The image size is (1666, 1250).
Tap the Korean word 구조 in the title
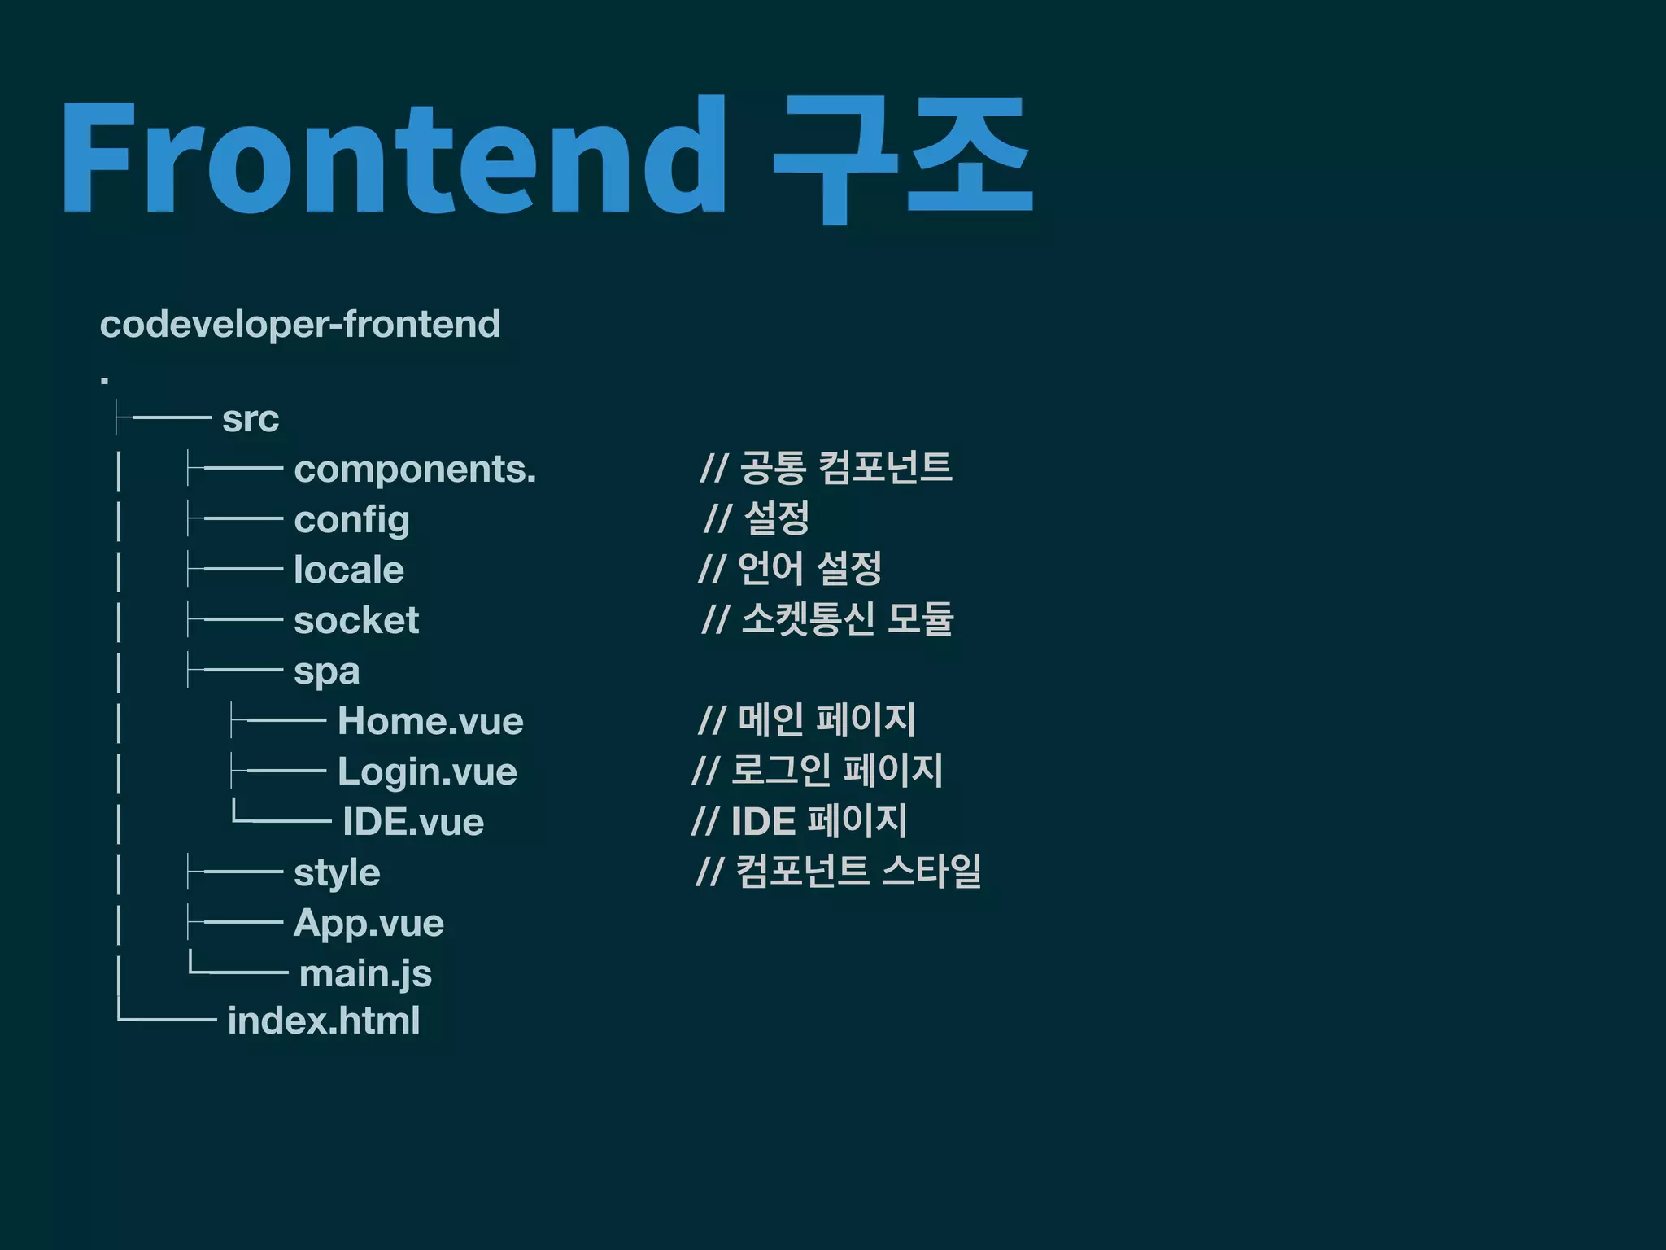click(x=901, y=159)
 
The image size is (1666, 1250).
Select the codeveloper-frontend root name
click(x=299, y=324)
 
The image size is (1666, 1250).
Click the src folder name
click(x=251, y=419)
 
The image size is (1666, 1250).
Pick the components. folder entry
click(x=415, y=470)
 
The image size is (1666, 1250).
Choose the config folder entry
click(x=351, y=520)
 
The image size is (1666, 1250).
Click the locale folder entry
click(x=348, y=570)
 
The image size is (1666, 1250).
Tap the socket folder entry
click(x=356, y=620)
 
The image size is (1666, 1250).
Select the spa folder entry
click(x=326, y=672)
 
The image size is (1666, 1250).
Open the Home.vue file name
click(x=430, y=721)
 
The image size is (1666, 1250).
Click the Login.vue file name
click(x=427, y=771)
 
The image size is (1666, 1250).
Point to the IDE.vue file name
click(x=413, y=822)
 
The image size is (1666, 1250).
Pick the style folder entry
click(x=337, y=873)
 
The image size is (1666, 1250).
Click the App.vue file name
click(x=369, y=924)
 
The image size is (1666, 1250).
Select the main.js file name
click(x=365, y=974)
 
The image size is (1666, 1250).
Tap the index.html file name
click(x=324, y=1021)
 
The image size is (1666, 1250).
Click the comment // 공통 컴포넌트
click(x=826, y=467)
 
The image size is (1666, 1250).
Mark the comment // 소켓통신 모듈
click(x=827, y=619)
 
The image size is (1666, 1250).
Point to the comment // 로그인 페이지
click(x=817, y=770)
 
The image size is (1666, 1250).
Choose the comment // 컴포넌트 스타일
click(x=839, y=871)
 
